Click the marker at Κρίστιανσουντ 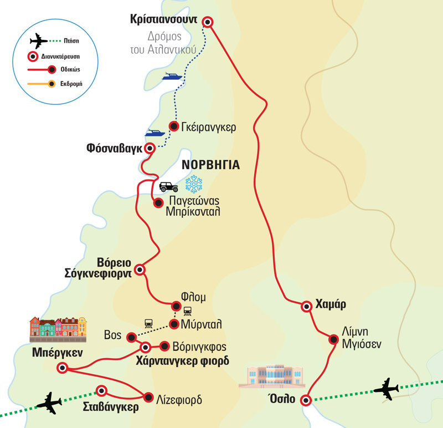tap(208, 22)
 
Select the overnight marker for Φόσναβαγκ tap(149, 148)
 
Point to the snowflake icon tap(194, 185)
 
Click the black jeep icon tap(168, 187)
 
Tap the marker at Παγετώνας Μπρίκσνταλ tap(158, 202)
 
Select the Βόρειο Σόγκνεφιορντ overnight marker tap(140, 270)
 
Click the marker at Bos tap(131, 337)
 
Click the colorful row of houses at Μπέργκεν tap(58, 328)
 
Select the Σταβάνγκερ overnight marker tap(101, 390)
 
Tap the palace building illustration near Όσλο tap(271, 376)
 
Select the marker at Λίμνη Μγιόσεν tap(333, 339)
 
